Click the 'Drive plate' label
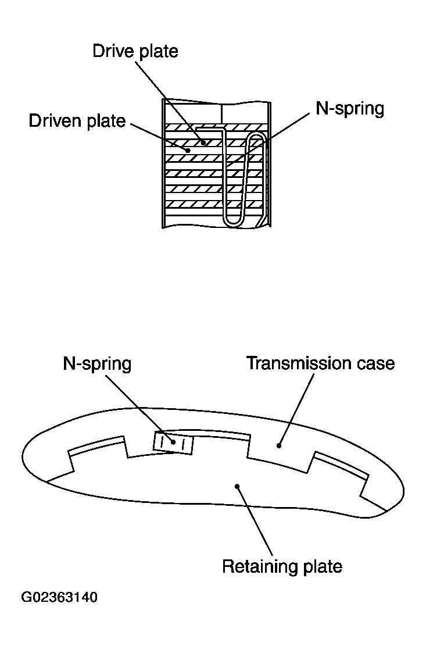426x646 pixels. pyautogui.click(x=135, y=51)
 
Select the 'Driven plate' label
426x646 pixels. pyautogui.click(x=77, y=121)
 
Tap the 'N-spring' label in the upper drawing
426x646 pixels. pyautogui.click(x=349, y=109)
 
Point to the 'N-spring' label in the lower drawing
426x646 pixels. pyautogui.click(x=97, y=364)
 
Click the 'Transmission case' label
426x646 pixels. pyautogui.click(x=320, y=363)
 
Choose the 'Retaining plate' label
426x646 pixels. pyautogui.click(x=282, y=566)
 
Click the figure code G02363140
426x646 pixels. pyautogui.click(x=59, y=598)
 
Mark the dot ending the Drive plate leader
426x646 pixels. pyautogui.click(x=203, y=142)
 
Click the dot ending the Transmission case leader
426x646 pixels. pyautogui.click(x=280, y=446)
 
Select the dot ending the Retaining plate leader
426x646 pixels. pyautogui.click(x=237, y=486)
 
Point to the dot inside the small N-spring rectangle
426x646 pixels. pyautogui.click(x=173, y=442)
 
